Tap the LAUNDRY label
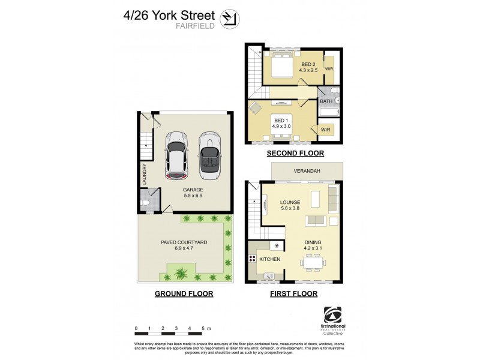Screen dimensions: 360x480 tap(145, 175)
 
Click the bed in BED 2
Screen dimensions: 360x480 tap(280, 65)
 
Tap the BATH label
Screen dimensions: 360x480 tap(326, 101)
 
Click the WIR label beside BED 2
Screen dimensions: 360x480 tap(329, 69)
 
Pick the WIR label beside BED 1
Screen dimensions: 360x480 tap(325, 128)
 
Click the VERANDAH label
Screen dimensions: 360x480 tap(307, 171)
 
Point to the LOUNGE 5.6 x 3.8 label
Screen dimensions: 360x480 tap(290, 206)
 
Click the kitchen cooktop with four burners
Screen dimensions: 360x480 tap(253, 259)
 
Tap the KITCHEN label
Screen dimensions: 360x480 tap(270, 259)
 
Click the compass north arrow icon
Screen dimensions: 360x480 tap(228, 19)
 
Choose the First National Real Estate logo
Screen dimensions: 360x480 tap(332, 320)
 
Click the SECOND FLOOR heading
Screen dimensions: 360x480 tap(295, 154)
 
